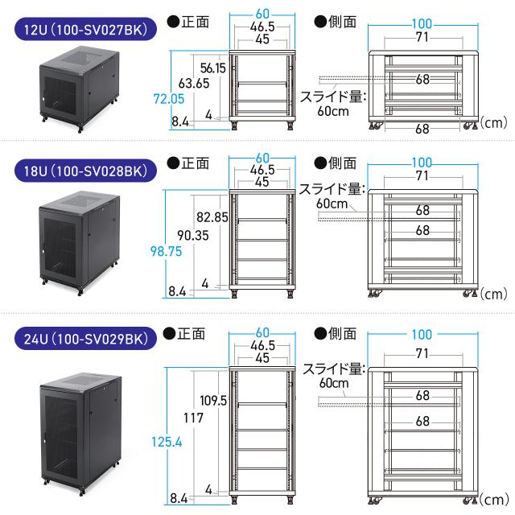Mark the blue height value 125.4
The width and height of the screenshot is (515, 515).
pos(167,440)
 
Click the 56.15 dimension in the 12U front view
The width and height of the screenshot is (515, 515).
pos(214,68)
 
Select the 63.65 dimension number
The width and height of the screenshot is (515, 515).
pos(195,83)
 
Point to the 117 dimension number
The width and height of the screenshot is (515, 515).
pos(194,418)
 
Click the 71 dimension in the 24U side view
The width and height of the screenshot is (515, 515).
pos(422,353)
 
